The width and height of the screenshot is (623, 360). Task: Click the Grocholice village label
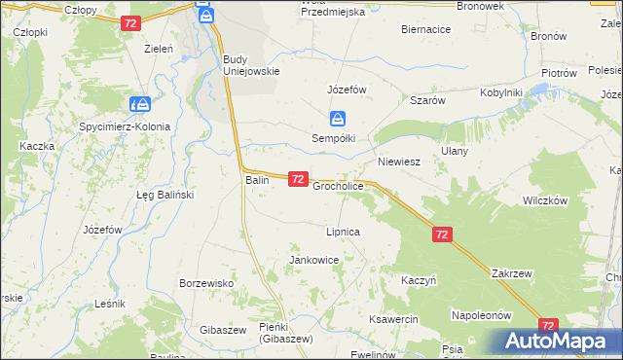(338, 185)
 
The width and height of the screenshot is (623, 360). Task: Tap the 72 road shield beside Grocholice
(298, 179)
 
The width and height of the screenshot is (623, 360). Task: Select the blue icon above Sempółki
(337, 119)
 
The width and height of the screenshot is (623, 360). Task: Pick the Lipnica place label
(344, 233)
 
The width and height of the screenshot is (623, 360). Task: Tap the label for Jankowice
(313, 260)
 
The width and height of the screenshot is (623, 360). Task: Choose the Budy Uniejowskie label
(251, 64)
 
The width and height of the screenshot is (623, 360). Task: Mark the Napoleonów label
(481, 315)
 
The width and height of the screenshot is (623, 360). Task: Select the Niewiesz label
(398, 162)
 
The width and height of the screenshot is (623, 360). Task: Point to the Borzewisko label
(203, 283)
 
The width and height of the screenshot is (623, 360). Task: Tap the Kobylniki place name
(501, 92)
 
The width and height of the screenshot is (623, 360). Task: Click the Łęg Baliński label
(165, 195)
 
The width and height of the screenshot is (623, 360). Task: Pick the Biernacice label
(425, 30)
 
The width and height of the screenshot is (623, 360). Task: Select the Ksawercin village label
(393, 319)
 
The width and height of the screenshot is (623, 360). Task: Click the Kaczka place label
(36, 145)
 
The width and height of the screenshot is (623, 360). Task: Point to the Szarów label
(427, 100)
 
